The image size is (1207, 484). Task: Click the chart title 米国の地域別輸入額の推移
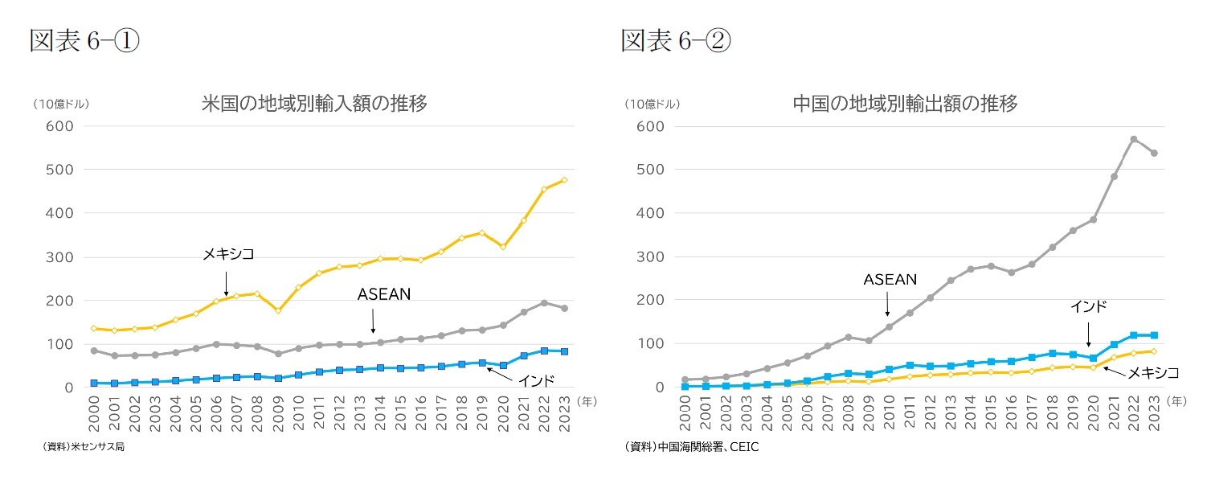point(313,104)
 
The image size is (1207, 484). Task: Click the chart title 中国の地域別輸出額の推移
point(905,104)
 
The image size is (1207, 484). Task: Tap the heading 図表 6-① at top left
point(84,41)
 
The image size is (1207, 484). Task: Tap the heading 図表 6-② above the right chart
point(676,41)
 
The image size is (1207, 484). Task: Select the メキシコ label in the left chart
point(227,254)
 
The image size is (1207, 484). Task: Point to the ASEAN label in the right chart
point(890,280)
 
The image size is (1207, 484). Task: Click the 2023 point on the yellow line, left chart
point(563,180)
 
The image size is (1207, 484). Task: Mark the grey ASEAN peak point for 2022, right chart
point(1133,139)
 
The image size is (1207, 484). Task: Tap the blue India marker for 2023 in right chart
point(1154,335)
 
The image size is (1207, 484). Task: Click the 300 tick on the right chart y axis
point(650,257)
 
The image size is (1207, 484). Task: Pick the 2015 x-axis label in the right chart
point(990,414)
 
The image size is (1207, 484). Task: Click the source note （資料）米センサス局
point(78,447)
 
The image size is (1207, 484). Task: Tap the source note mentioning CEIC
point(690,447)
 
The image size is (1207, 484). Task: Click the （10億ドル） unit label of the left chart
point(61,104)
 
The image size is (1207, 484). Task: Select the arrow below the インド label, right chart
point(1088,334)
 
